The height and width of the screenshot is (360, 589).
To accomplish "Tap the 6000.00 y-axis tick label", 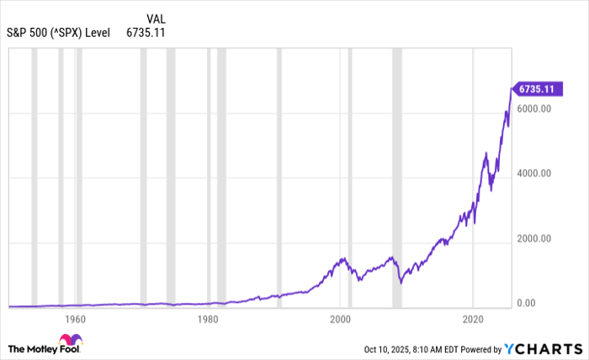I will [533, 109].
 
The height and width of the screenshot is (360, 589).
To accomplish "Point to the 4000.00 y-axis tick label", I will [533, 174].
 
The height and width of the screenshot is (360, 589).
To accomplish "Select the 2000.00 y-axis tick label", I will [533, 239].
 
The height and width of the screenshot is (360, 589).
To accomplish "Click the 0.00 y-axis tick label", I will [528, 304].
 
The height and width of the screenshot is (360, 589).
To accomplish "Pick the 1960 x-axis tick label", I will [75, 320].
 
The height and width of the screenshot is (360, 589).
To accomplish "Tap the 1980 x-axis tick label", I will [208, 320].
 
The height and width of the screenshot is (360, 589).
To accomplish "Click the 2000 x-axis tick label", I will [341, 320].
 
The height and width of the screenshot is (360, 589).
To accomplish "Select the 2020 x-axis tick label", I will [474, 320].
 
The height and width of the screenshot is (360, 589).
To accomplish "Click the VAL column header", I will [156, 19].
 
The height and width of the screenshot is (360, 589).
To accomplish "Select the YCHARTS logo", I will [542, 348].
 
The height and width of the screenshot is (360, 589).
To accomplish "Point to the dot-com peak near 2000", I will [343, 258].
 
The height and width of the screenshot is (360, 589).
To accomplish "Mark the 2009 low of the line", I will [401, 283].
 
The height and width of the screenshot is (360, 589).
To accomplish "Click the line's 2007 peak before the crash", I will [391, 257].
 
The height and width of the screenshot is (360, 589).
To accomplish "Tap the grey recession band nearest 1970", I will [144, 177].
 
